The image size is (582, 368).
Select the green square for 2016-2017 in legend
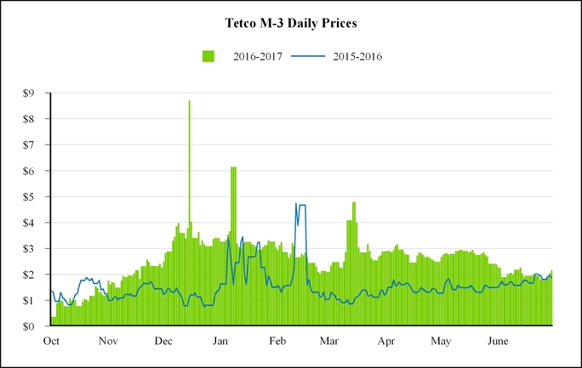click(208, 56)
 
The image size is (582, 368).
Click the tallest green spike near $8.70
click(189, 102)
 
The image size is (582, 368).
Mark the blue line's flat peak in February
click(302, 205)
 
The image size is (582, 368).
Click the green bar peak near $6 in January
click(233, 168)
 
